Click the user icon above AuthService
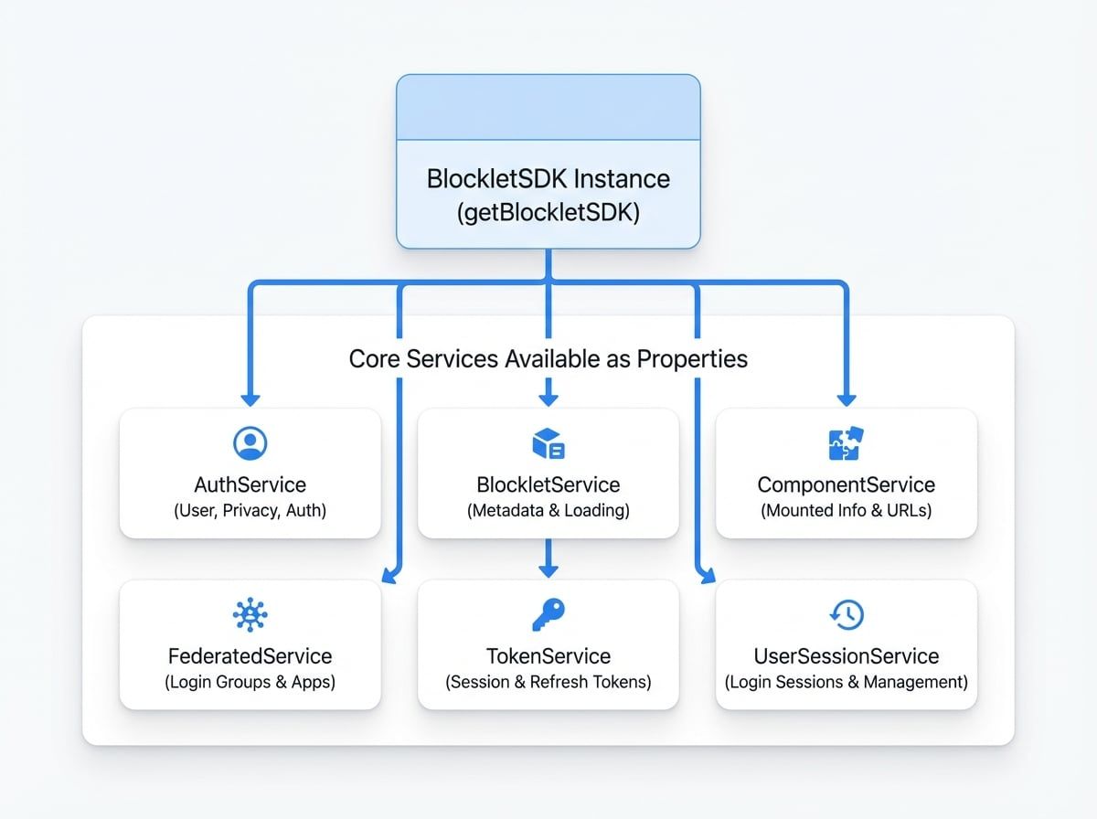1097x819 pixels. (x=250, y=443)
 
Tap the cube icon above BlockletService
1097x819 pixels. (x=548, y=444)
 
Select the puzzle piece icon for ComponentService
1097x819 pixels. (x=847, y=443)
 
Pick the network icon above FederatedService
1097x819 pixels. (x=250, y=615)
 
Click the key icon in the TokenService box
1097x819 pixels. (x=548, y=615)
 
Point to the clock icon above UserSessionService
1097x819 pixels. (x=847, y=615)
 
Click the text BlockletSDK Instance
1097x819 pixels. (x=548, y=178)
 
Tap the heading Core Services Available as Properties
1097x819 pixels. (x=548, y=358)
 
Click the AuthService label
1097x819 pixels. (x=250, y=484)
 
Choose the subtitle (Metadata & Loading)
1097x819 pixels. (x=548, y=511)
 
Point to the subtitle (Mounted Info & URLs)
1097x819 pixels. (x=847, y=511)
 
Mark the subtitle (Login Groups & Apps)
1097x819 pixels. (x=250, y=682)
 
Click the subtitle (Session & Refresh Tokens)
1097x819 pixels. (x=548, y=682)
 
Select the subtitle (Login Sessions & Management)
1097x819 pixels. (x=847, y=682)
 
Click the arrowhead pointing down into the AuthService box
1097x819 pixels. (x=250, y=399)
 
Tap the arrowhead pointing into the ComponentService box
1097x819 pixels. (x=847, y=399)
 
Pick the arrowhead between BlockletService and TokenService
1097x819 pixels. (x=548, y=570)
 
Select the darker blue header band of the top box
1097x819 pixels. (x=548, y=107)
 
